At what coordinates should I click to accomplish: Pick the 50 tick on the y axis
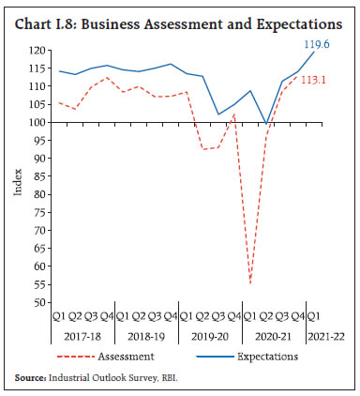(x=38, y=303)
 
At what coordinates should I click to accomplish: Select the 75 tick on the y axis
(x=38, y=212)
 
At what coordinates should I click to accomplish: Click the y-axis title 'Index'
(x=16, y=183)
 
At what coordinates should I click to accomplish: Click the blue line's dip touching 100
(x=266, y=123)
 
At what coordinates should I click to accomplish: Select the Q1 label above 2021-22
(x=314, y=316)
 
